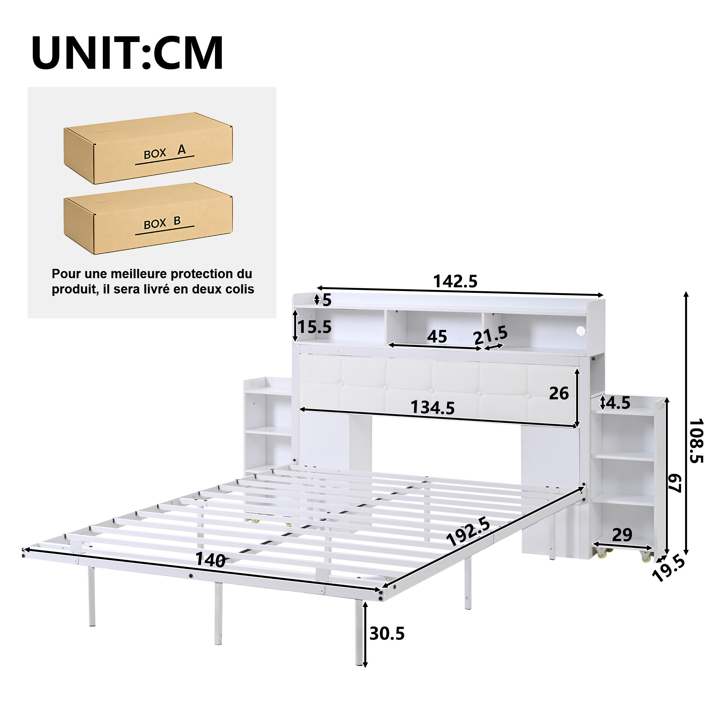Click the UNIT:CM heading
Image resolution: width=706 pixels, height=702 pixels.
click(x=127, y=53)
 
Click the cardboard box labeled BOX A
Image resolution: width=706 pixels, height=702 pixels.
click(x=148, y=148)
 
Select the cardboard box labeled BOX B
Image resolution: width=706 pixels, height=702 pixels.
click(x=148, y=219)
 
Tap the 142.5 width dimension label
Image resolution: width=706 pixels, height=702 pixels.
click(x=455, y=281)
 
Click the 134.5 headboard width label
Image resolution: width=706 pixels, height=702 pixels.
click(x=433, y=407)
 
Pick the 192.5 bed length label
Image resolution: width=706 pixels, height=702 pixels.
click(x=468, y=532)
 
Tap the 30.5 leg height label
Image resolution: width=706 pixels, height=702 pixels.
click(x=387, y=634)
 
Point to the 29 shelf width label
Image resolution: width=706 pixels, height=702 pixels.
click(x=622, y=535)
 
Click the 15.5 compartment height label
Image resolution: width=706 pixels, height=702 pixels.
click(x=315, y=327)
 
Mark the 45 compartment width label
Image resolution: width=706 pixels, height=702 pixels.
click(x=437, y=336)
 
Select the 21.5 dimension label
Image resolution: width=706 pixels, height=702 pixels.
click(x=491, y=335)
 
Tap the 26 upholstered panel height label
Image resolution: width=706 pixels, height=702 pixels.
click(x=559, y=394)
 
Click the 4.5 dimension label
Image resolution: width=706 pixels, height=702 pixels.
click(x=618, y=403)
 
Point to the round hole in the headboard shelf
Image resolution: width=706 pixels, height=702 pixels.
click(x=580, y=331)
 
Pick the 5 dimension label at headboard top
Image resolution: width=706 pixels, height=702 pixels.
click(x=327, y=301)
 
